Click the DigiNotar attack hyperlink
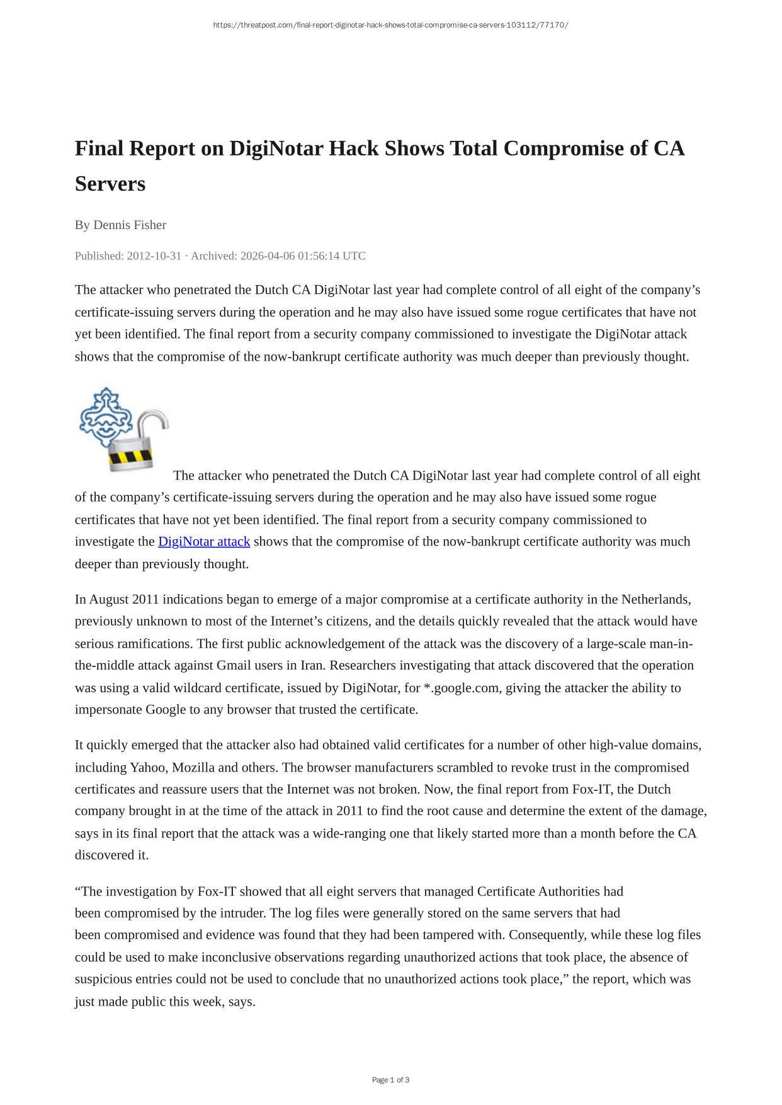coord(204,542)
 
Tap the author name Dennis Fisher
coord(130,225)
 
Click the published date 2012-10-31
coord(154,256)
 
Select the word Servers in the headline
coord(110,184)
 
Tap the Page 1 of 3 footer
coord(390,1080)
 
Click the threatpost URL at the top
coord(390,25)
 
